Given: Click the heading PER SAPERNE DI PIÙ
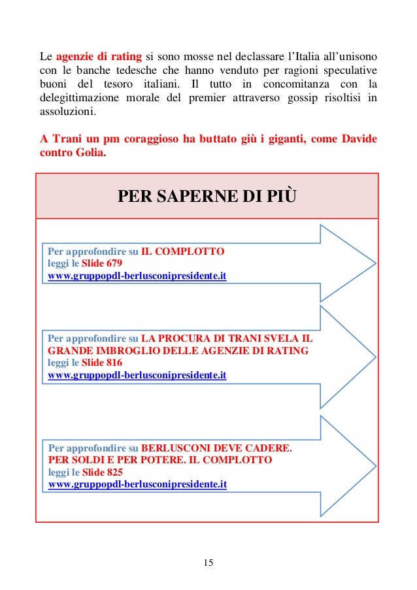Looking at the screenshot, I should coord(206,197).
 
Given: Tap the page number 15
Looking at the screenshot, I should coord(208,563).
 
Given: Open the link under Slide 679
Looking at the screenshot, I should coord(137,276).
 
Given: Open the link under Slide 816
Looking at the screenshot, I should coord(137,376).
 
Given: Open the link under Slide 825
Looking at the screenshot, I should coord(137,485).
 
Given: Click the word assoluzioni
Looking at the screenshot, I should coord(67,111).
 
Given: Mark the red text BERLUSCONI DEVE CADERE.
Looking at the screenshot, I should coord(217,448).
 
